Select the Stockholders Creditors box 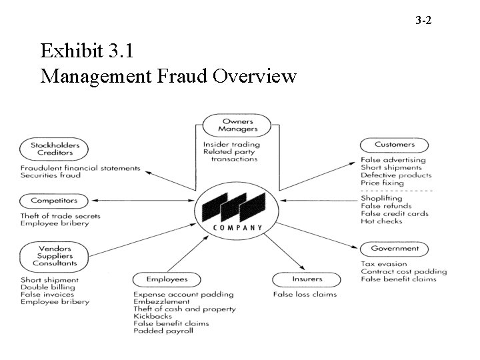[x=55, y=149]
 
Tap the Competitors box [x=55, y=200]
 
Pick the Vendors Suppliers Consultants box [x=55, y=256]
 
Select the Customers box [x=395, y=144]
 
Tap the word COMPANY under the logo [x=237, y=228]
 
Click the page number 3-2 [x=423, y=21]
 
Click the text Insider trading [x=232, y=144]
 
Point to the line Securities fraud [x=51, y=175]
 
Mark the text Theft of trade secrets [x=61, y=216]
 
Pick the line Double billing [x=47, y=287]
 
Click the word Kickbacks [x=153, y=316]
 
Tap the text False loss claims [x=305, y=294]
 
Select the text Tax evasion [x=383, y=264]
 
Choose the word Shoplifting [x=381, y=198]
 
